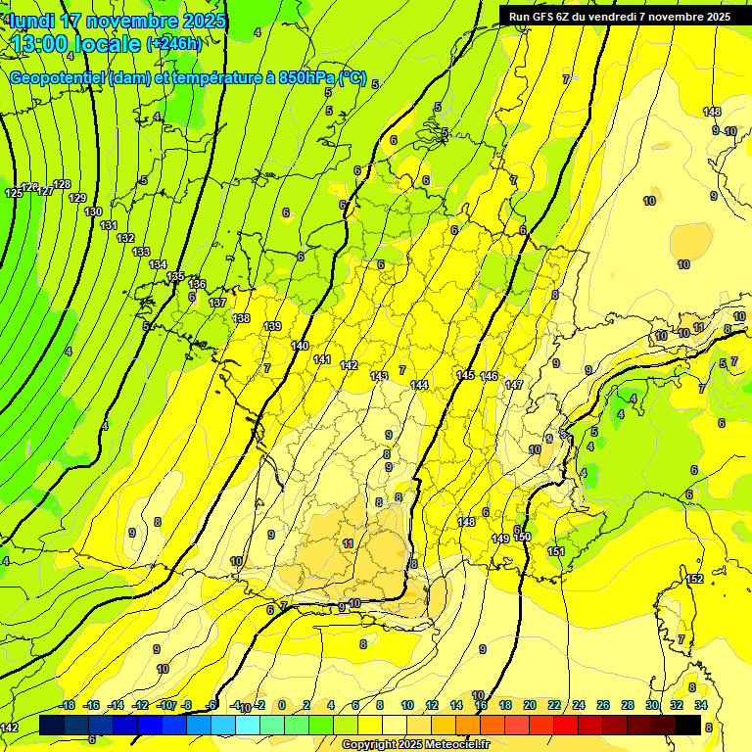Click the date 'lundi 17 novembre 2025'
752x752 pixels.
(117, 21)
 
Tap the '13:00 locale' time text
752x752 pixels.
(75, 43)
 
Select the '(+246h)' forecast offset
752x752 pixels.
(174, 44)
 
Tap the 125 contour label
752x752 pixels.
(14, 193)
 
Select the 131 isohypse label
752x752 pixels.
(109, 225)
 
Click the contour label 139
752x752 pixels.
(272, 326)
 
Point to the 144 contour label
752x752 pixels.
(419, 385)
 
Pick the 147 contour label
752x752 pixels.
(514, 385)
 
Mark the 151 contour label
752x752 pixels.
(556, 552)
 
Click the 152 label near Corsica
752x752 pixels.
(694, 580)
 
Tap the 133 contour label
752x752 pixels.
(141, 252)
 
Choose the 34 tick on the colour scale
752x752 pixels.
(701, 705)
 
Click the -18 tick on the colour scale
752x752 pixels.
(67, 705)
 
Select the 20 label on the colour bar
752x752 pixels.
(530, 705)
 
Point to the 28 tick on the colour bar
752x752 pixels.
(628, 705)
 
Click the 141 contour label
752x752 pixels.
(322, 359)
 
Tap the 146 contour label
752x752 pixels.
(489, 376)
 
